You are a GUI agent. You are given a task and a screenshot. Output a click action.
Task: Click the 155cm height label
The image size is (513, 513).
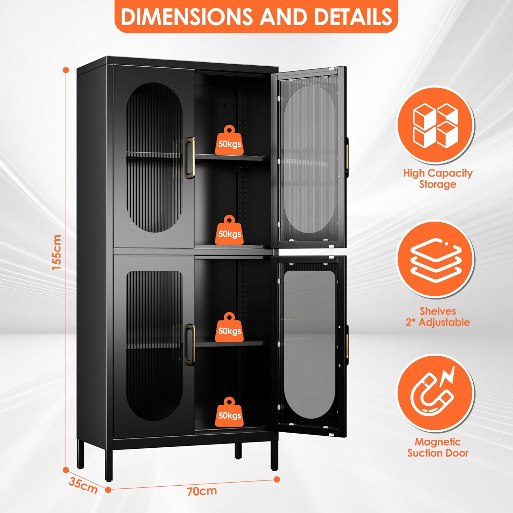[x=57, y=252]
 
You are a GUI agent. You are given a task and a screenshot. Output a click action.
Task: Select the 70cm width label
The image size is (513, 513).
[x=202, y=491]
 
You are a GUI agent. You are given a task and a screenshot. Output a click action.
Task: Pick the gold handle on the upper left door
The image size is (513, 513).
[x=190, y=158]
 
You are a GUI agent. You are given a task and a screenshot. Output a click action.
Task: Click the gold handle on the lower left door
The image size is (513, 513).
[x=190, y=344]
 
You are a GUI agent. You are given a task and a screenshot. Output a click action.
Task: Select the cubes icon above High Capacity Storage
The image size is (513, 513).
[x=435, y=125]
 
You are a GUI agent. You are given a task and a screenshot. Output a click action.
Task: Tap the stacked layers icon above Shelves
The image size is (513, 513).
[x=435, y=260]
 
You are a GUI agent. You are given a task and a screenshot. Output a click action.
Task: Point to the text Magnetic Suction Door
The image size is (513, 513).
[x=438, y=447]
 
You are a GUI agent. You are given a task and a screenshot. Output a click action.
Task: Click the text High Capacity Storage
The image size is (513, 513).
[x=438, y=179]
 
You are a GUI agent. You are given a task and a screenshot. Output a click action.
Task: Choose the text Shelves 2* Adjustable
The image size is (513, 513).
[x=438, y=317]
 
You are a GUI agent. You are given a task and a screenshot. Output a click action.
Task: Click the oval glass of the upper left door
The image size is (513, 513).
[x=155, y=157]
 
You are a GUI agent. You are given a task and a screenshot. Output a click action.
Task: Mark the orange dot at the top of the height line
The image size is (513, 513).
[x=66, y=70]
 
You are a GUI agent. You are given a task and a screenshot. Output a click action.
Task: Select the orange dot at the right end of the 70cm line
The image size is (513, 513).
[x=277, y=479]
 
